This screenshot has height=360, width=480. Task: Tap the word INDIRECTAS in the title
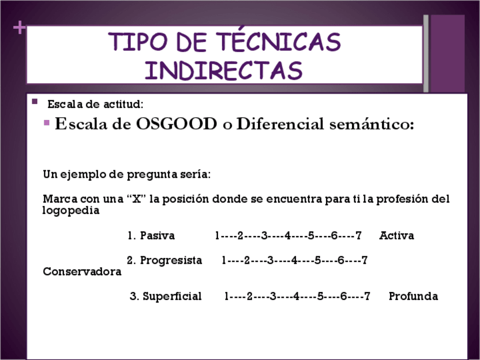pos(224,70)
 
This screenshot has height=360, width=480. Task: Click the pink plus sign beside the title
pos(19,28)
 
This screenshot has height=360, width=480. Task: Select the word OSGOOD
pos(177,124)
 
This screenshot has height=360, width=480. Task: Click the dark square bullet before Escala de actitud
pos(35,101)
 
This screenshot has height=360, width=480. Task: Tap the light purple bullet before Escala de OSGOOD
pos(46,123)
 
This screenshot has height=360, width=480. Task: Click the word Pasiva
pos(157,235)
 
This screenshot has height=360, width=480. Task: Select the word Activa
pos(396,235)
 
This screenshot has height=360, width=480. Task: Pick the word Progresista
pos(171,260)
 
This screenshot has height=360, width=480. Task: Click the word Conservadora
pos(82,272)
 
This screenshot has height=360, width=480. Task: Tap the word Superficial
pos(172,297)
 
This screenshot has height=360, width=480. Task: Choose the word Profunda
pos(413,296)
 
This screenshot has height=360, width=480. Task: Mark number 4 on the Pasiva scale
pos(288,235)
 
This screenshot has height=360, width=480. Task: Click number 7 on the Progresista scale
pos(365,260)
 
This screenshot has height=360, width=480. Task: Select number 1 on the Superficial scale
pos(226,297)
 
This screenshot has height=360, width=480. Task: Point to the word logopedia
pos(71,211)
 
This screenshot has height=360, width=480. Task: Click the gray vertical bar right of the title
pos(426,53)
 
